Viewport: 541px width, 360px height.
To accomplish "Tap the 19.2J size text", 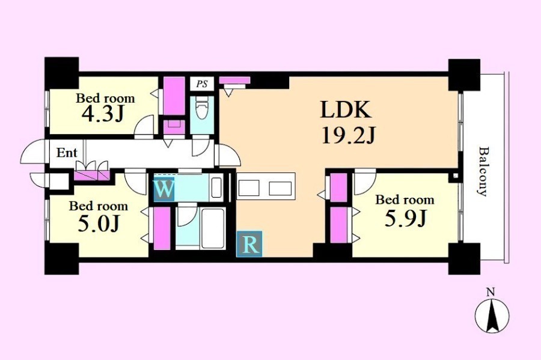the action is click(348, 135).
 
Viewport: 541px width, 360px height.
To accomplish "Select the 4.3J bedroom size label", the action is click(102, 114).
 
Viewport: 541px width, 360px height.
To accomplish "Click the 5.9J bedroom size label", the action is click(405, 218).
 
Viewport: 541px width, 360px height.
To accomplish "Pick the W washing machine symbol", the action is click(164, 189).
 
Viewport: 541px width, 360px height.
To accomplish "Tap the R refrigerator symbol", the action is click(249, 244).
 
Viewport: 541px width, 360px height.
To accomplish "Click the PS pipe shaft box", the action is click(202, 84).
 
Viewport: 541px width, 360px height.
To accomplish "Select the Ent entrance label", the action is click(67, 153).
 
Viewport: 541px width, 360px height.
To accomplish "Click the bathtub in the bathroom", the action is click(213, 228).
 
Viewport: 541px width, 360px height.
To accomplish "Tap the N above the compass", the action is click(490, 293).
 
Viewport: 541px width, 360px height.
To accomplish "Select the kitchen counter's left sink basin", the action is click(249, 188).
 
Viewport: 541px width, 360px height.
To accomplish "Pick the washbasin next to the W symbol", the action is click(216, 188).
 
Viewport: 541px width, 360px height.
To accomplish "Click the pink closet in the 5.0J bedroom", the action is click(162, 228).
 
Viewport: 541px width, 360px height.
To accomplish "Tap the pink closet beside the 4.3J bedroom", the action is click(174, 96).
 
